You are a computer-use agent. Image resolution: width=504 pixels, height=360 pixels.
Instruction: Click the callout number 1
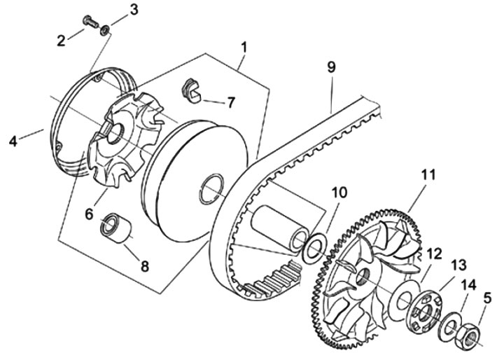[x=244, y=48]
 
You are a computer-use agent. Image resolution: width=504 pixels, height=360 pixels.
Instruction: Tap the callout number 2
[x=61, y=41]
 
